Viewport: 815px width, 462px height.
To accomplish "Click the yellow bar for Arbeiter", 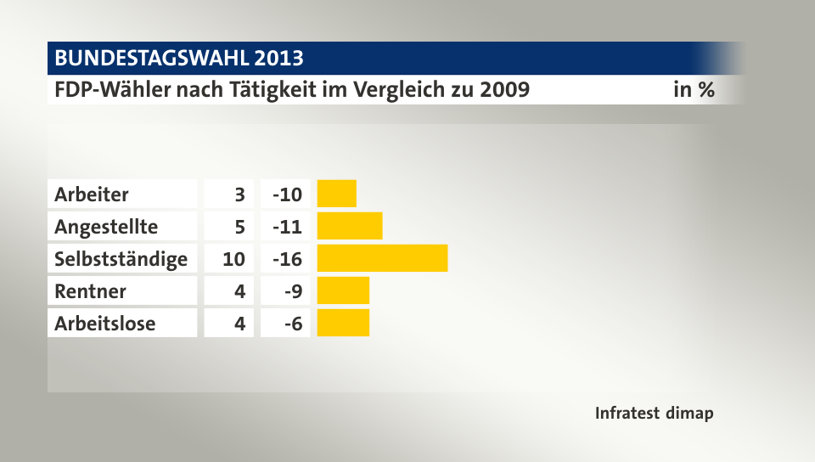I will [x=336, y=194].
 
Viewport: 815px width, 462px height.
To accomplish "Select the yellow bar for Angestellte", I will [x=349, y=226].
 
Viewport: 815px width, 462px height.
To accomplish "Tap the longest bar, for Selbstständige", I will [x=382, y=258].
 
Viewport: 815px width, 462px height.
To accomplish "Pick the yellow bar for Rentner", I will [x=343, y=290].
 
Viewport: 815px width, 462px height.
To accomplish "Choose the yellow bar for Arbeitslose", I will [x=343, y=323].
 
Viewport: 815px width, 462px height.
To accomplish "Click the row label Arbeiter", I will [x=92, y=194].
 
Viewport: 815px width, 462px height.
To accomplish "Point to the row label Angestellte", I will [x=106, y=226].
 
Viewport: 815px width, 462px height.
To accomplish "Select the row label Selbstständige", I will [x=121, y=258].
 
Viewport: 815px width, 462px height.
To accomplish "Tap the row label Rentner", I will [x=90, y=290].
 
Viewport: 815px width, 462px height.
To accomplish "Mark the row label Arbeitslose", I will [x=105, y=323].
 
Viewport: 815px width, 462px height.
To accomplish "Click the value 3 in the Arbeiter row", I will [x=240, y=194].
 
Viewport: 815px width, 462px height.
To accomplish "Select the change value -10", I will [x=287, y=194].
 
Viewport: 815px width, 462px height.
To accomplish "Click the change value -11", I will [x=287, y=226].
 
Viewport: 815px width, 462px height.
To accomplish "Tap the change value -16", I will [x=287, y=258].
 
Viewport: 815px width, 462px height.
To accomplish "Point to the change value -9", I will [x=292, y=290].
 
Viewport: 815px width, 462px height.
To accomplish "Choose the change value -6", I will [x=292, y=323].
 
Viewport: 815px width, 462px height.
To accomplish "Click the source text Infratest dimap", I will [x=654, y=414].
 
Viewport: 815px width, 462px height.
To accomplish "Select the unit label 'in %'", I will [x=693, y=89].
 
